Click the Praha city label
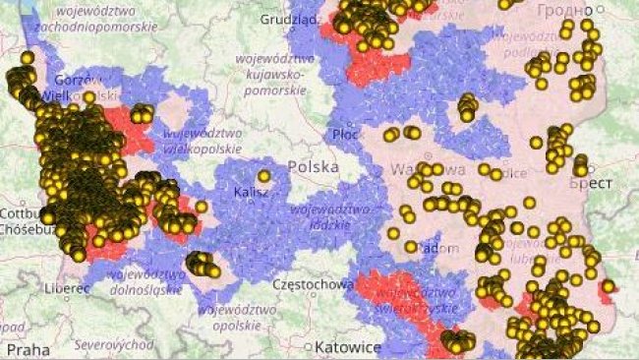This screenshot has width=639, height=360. pos(28,348)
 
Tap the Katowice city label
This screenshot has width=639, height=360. pos(349,347)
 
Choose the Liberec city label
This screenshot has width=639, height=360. pos(66,288)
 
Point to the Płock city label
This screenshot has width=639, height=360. pos(345,133)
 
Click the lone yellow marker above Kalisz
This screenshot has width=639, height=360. pos(263,176)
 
